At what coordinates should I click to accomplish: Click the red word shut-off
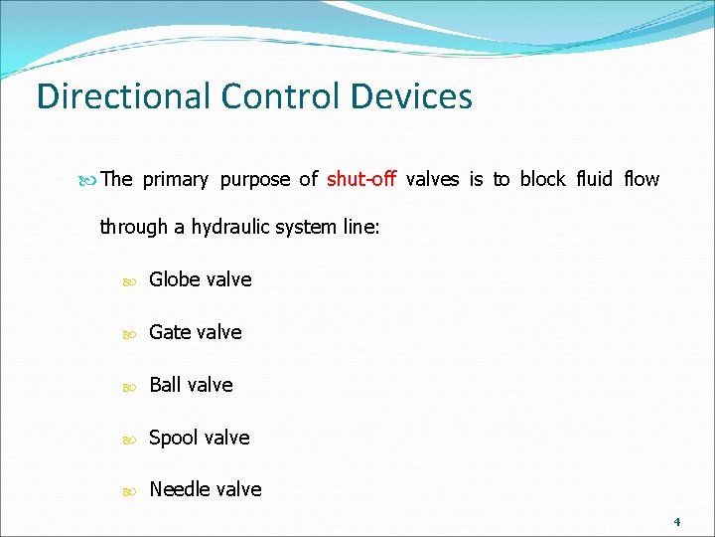pyautogui.click(x=361, y=179)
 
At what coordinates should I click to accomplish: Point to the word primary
pyautogui.click(x=176, y=179)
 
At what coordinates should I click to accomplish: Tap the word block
pyautogui.click(x=542, y=179)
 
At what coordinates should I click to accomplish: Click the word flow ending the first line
pyautogui.click(x=642, y=179)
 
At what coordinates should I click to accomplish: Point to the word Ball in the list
pyautogui.click(x=166, y=385)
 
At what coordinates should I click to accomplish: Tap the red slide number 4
pyautogui.click(x=676, y=522)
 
